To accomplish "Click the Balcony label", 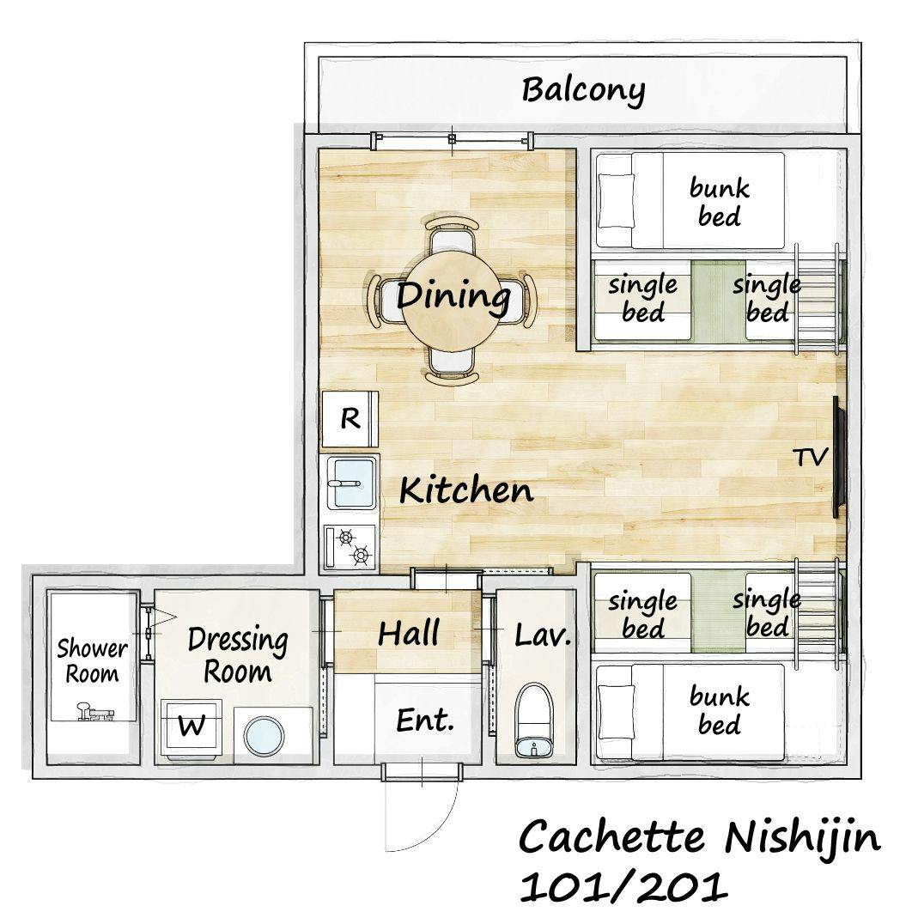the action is click(x=582, y=91).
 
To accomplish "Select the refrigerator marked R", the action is click(x=350, y=419).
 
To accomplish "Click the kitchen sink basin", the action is click(x=353, y=483).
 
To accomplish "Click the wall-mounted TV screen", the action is click(x=839, y=458).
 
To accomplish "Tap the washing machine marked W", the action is click(x=192, y=728).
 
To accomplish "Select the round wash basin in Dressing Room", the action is click(x=264, y=736).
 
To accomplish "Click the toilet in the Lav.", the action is click(x=534, y=720).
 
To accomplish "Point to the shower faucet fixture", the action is click(x=94, y=713).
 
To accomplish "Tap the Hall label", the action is click(x=408, y=633).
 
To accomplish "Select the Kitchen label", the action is click(x=466, y=490).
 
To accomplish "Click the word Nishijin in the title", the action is click(x=802, y=838).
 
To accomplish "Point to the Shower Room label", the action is click(x=92, y=661).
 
